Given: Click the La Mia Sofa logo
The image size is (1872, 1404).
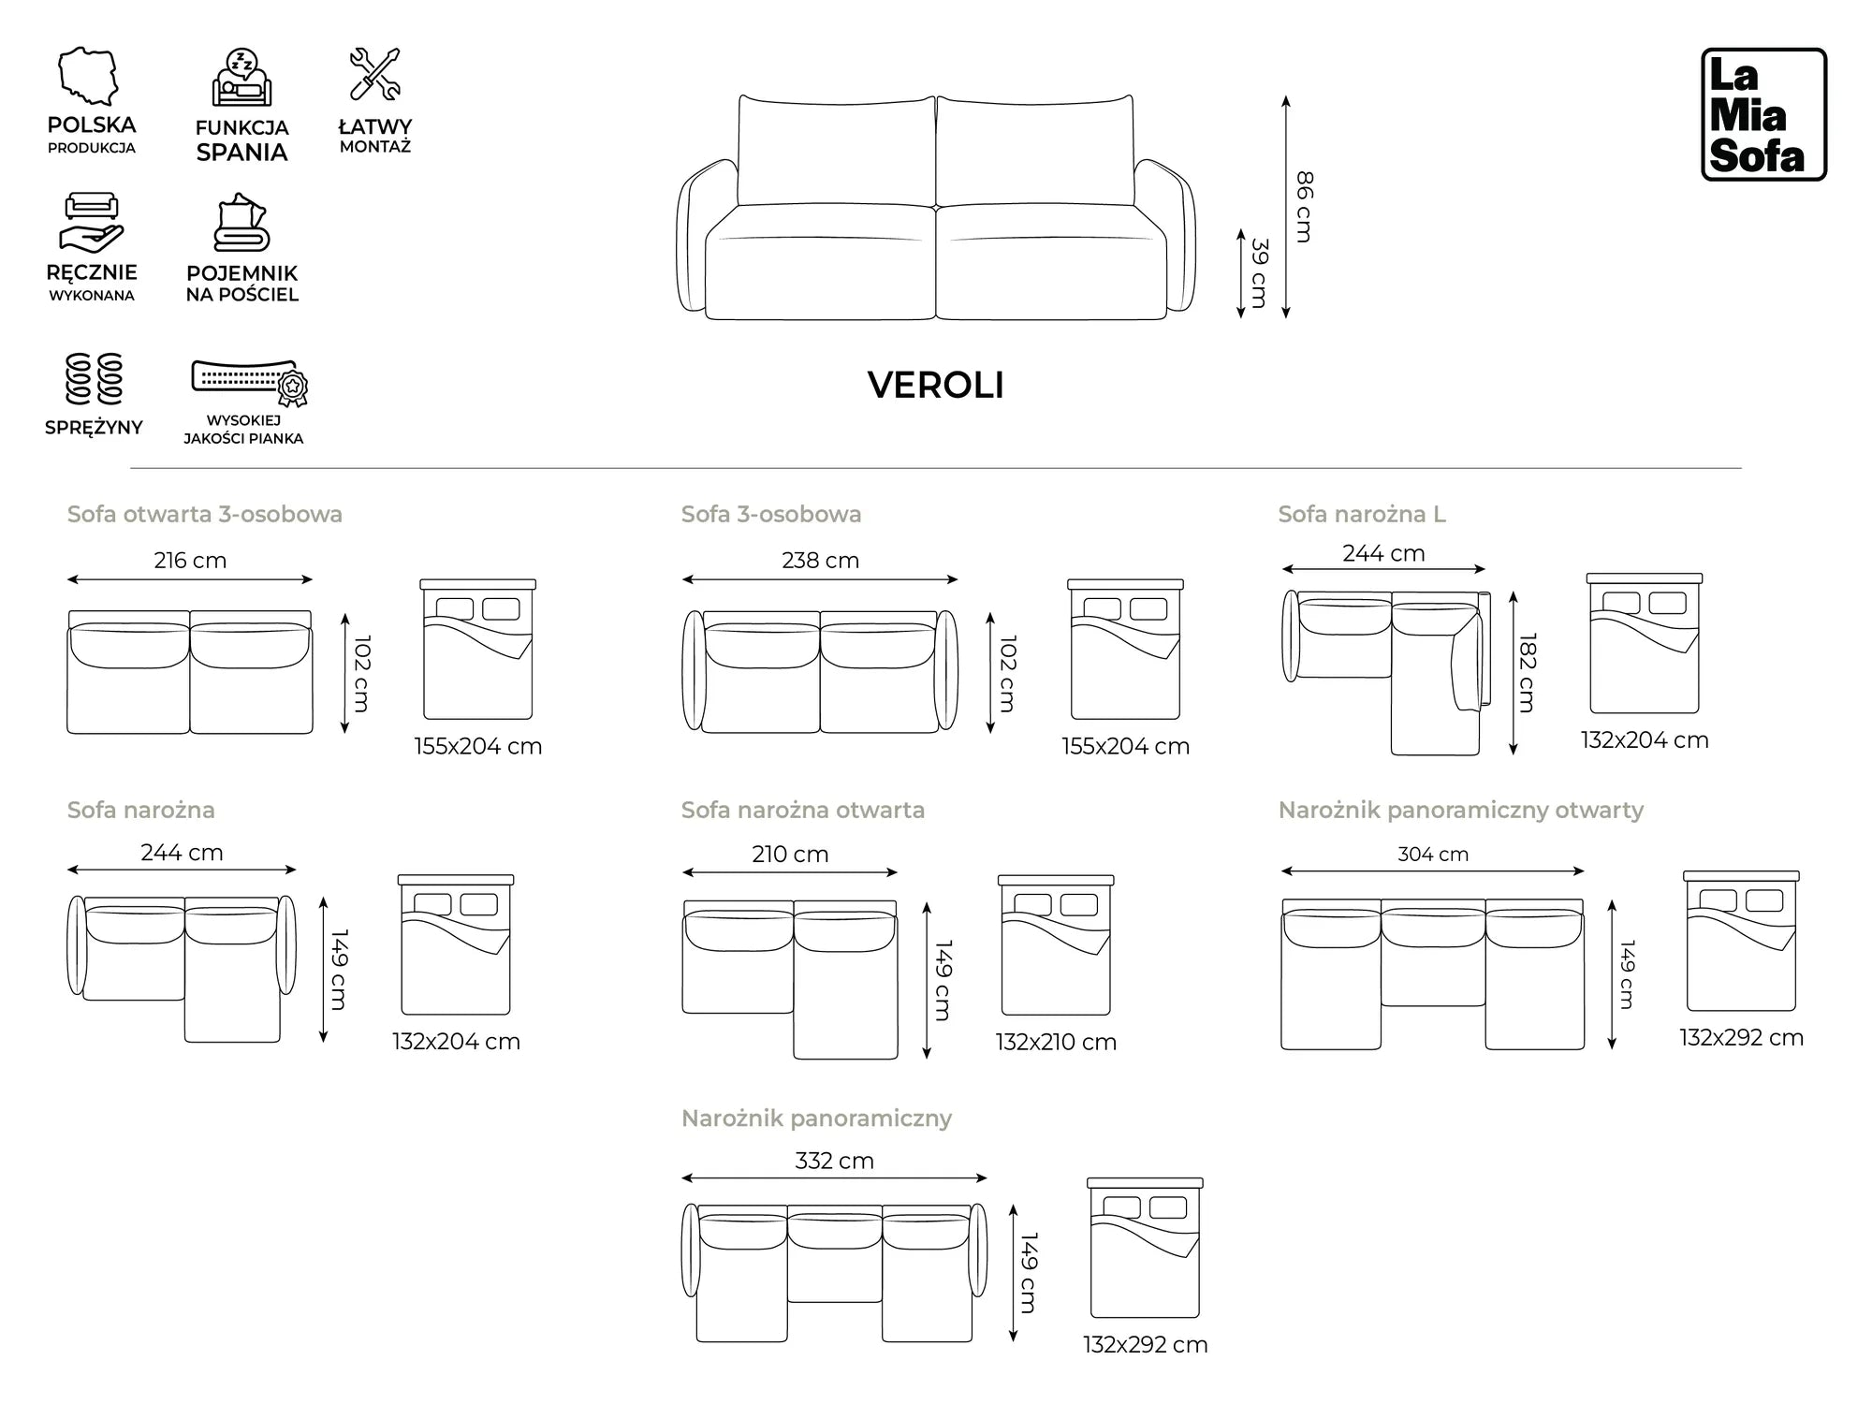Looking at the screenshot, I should [x=1763, y=114].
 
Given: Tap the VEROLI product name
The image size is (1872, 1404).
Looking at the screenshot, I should [x=935, y=386].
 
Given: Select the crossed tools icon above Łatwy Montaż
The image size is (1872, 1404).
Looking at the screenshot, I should [x=374, y=74].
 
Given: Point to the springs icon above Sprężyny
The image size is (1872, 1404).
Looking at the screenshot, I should [x=94, y=379].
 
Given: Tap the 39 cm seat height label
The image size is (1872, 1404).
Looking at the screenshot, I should [x=1260, y=273].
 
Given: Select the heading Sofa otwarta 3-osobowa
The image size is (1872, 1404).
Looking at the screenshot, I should [x=204, y=514].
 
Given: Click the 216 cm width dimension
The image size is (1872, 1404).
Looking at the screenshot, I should [x=190, y=560].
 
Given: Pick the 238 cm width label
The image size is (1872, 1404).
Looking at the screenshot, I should [x=820, y=560].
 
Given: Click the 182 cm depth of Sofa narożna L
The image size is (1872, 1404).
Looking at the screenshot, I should [x=1528, y=672].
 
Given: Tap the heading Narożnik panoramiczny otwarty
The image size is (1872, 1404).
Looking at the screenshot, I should [x=1460, y=810].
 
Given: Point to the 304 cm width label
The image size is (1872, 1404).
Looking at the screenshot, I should [x=1432, y=854].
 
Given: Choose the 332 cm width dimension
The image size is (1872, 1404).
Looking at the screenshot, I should [x=834, y=1161].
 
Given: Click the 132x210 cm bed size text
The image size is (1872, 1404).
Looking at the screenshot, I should [x=1056, y=1042].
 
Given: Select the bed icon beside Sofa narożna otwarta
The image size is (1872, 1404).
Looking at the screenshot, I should [x=1056, y=945].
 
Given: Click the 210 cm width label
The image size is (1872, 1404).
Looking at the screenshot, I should [x=790, y=854].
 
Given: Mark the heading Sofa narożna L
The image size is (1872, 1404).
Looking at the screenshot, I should [x=1362, y=514].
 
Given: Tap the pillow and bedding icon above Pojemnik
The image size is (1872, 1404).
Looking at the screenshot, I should [x=241, y=224].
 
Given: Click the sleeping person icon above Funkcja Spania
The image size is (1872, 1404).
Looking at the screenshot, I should [x=241, y=79].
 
